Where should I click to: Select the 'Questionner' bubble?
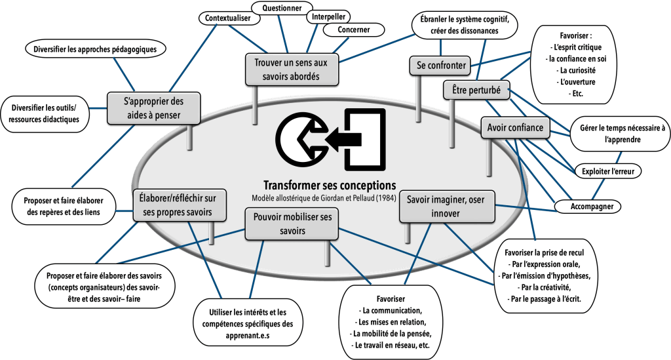(277, 9)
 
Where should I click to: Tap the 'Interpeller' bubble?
(328, 16)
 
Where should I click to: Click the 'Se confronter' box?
(441, 65)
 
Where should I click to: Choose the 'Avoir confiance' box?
(515, 128)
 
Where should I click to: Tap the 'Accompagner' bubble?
(588, 206)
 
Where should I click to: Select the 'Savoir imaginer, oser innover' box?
(446, 207)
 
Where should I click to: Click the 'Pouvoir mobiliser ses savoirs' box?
(292, 223)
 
